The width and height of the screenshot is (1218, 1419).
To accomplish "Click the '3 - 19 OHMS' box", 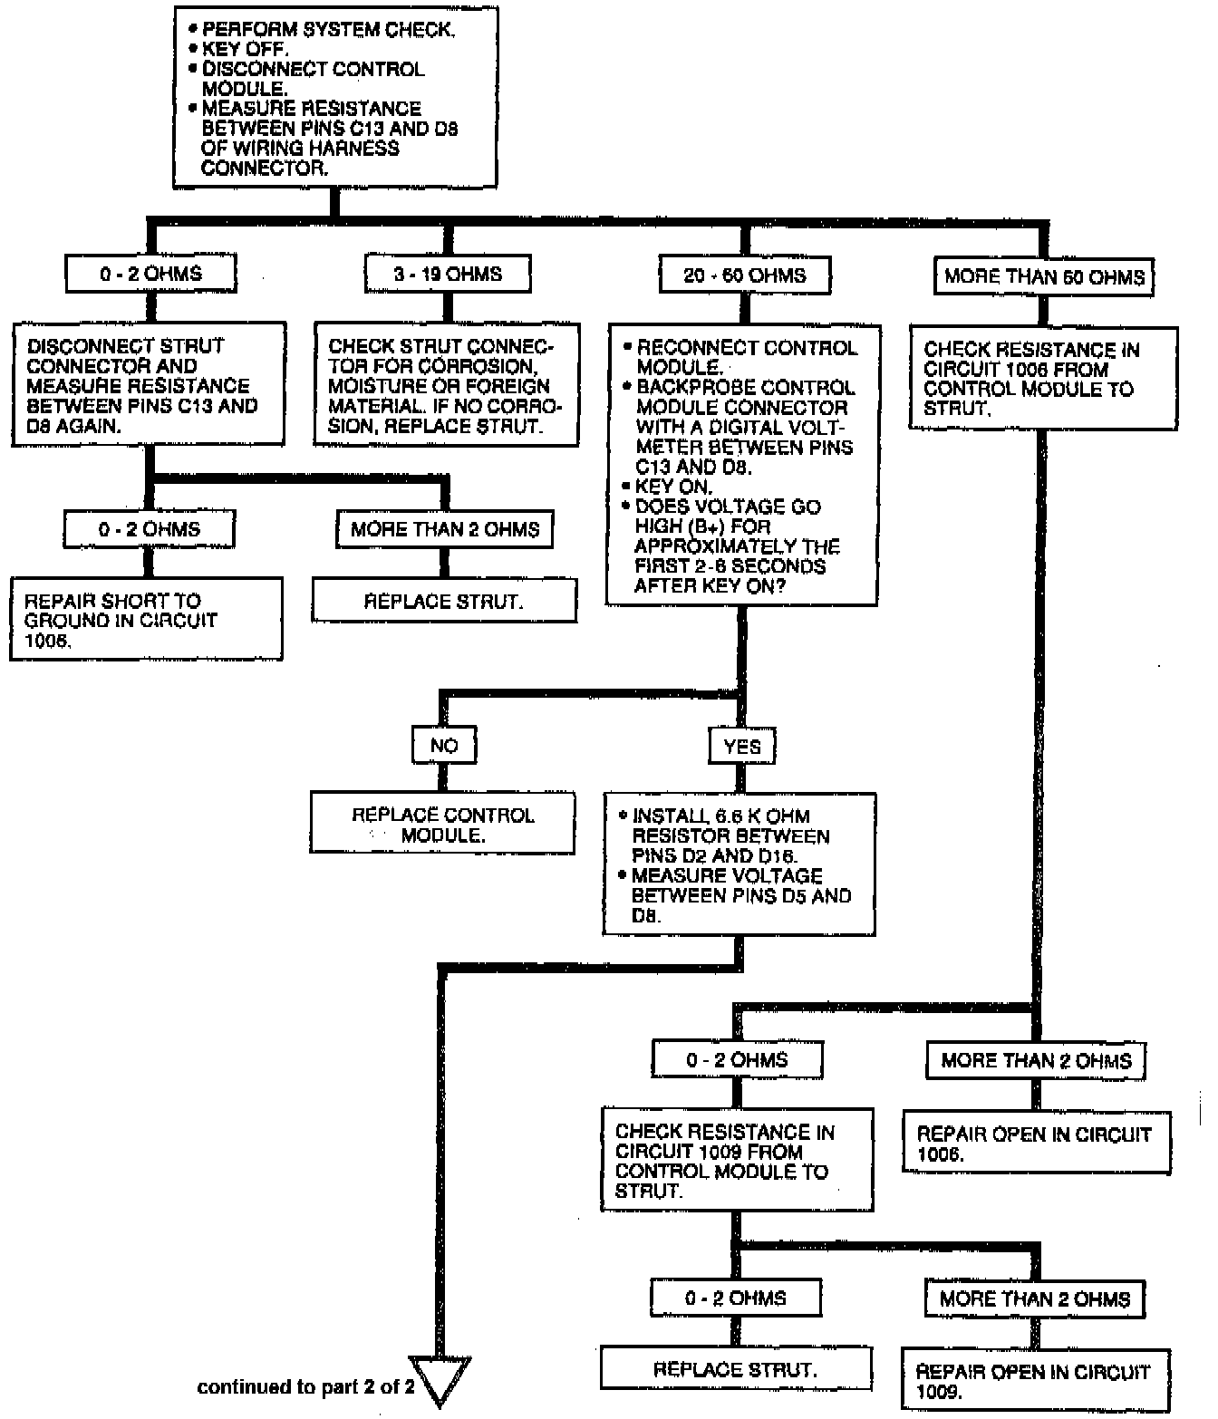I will [448, 274].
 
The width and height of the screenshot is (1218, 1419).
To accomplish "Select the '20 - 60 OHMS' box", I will [745, 275].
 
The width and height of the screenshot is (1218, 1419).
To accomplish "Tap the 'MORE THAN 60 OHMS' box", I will [1044, 277].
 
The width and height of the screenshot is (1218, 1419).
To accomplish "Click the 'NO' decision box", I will [444, 746].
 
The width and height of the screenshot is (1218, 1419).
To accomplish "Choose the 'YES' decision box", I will [743, 747].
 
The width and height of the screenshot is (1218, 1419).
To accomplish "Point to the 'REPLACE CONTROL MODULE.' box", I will [443, 825].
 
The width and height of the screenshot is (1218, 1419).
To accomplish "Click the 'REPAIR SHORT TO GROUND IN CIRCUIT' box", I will [146, 620].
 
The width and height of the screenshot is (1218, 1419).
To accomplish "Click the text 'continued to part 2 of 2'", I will [305, 1387].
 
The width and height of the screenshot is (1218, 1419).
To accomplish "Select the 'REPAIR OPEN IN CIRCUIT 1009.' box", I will [1034, 1381].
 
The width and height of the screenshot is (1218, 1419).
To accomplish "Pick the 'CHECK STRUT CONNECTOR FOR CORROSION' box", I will [446, 386].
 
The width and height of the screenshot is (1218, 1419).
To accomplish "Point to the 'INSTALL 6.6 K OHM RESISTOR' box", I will [739, 864].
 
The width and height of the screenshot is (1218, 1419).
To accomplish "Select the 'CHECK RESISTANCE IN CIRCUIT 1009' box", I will [737, 1161].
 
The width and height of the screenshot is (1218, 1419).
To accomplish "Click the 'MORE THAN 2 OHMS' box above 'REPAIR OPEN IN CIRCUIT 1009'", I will [1035, 1299].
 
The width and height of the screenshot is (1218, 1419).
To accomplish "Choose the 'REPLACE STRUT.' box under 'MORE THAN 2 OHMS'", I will [444, 601].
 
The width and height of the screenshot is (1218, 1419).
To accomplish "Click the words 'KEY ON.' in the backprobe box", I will [673, 487].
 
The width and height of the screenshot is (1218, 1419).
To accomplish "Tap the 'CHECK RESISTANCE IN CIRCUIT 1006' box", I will [1044, 379].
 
